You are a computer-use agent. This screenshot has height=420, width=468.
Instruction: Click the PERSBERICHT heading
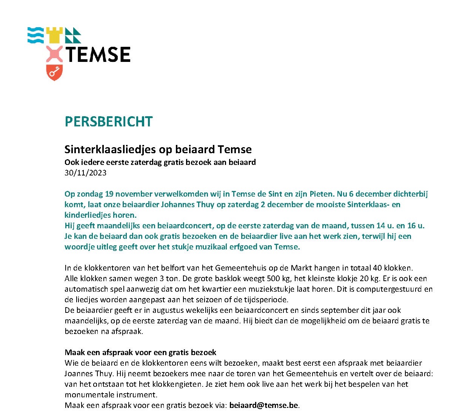pyautogui.click(x=108, y=122)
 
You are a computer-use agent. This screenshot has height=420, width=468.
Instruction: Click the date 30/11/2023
pyautogui.click(x=85, y=173)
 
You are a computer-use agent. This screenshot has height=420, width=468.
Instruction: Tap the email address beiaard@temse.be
pyautogui.click(x=264, y=405)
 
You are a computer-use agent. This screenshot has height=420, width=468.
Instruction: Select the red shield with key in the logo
pyautogui.click(x=54, y=72)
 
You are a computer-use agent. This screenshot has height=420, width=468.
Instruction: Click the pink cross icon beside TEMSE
pyautogui.click(x=54, y=54)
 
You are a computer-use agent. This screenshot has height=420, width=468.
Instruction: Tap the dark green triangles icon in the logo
pyautogui.click(x=73, y=35)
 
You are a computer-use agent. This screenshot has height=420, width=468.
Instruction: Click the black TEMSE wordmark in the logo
pyautogui.click(x=98, y=54)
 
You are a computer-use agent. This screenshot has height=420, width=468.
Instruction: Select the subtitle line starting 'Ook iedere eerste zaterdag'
pyautogui.click(x=160, y=162)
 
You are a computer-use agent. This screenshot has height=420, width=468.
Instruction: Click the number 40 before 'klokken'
pyautogui.click(x=377, y=268)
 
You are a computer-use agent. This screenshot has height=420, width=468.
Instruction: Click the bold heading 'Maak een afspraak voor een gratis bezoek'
pyautogui.click(x=140, y=352)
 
